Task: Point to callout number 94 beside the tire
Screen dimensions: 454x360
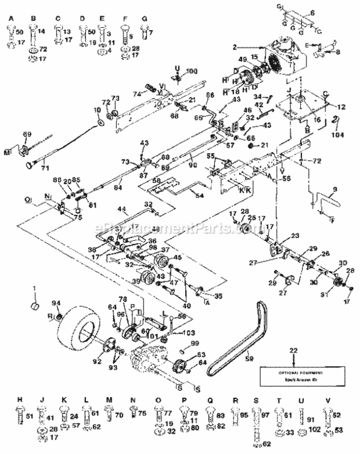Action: coord(56,303)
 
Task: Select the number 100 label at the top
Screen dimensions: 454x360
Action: coord(192,71)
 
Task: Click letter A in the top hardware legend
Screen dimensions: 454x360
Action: coord(11,19)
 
